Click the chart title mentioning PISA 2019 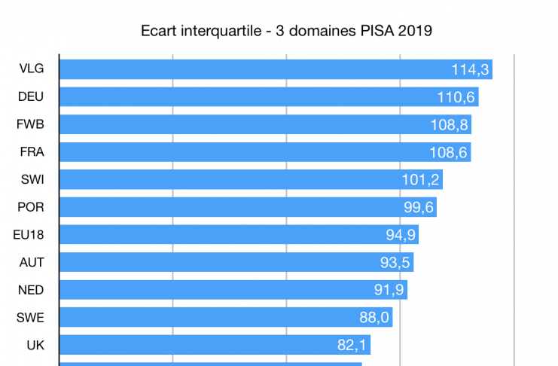286,32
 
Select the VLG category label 31,69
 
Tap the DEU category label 31,96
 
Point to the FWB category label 31,124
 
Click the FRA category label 31,151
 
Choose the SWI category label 31,179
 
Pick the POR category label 31,207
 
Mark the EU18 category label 29,234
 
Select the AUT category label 31,262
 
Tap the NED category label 31,290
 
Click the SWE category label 31,317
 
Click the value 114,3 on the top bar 471,69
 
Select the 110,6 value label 456,97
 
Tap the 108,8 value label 450,124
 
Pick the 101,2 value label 422,180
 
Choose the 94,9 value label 398,235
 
